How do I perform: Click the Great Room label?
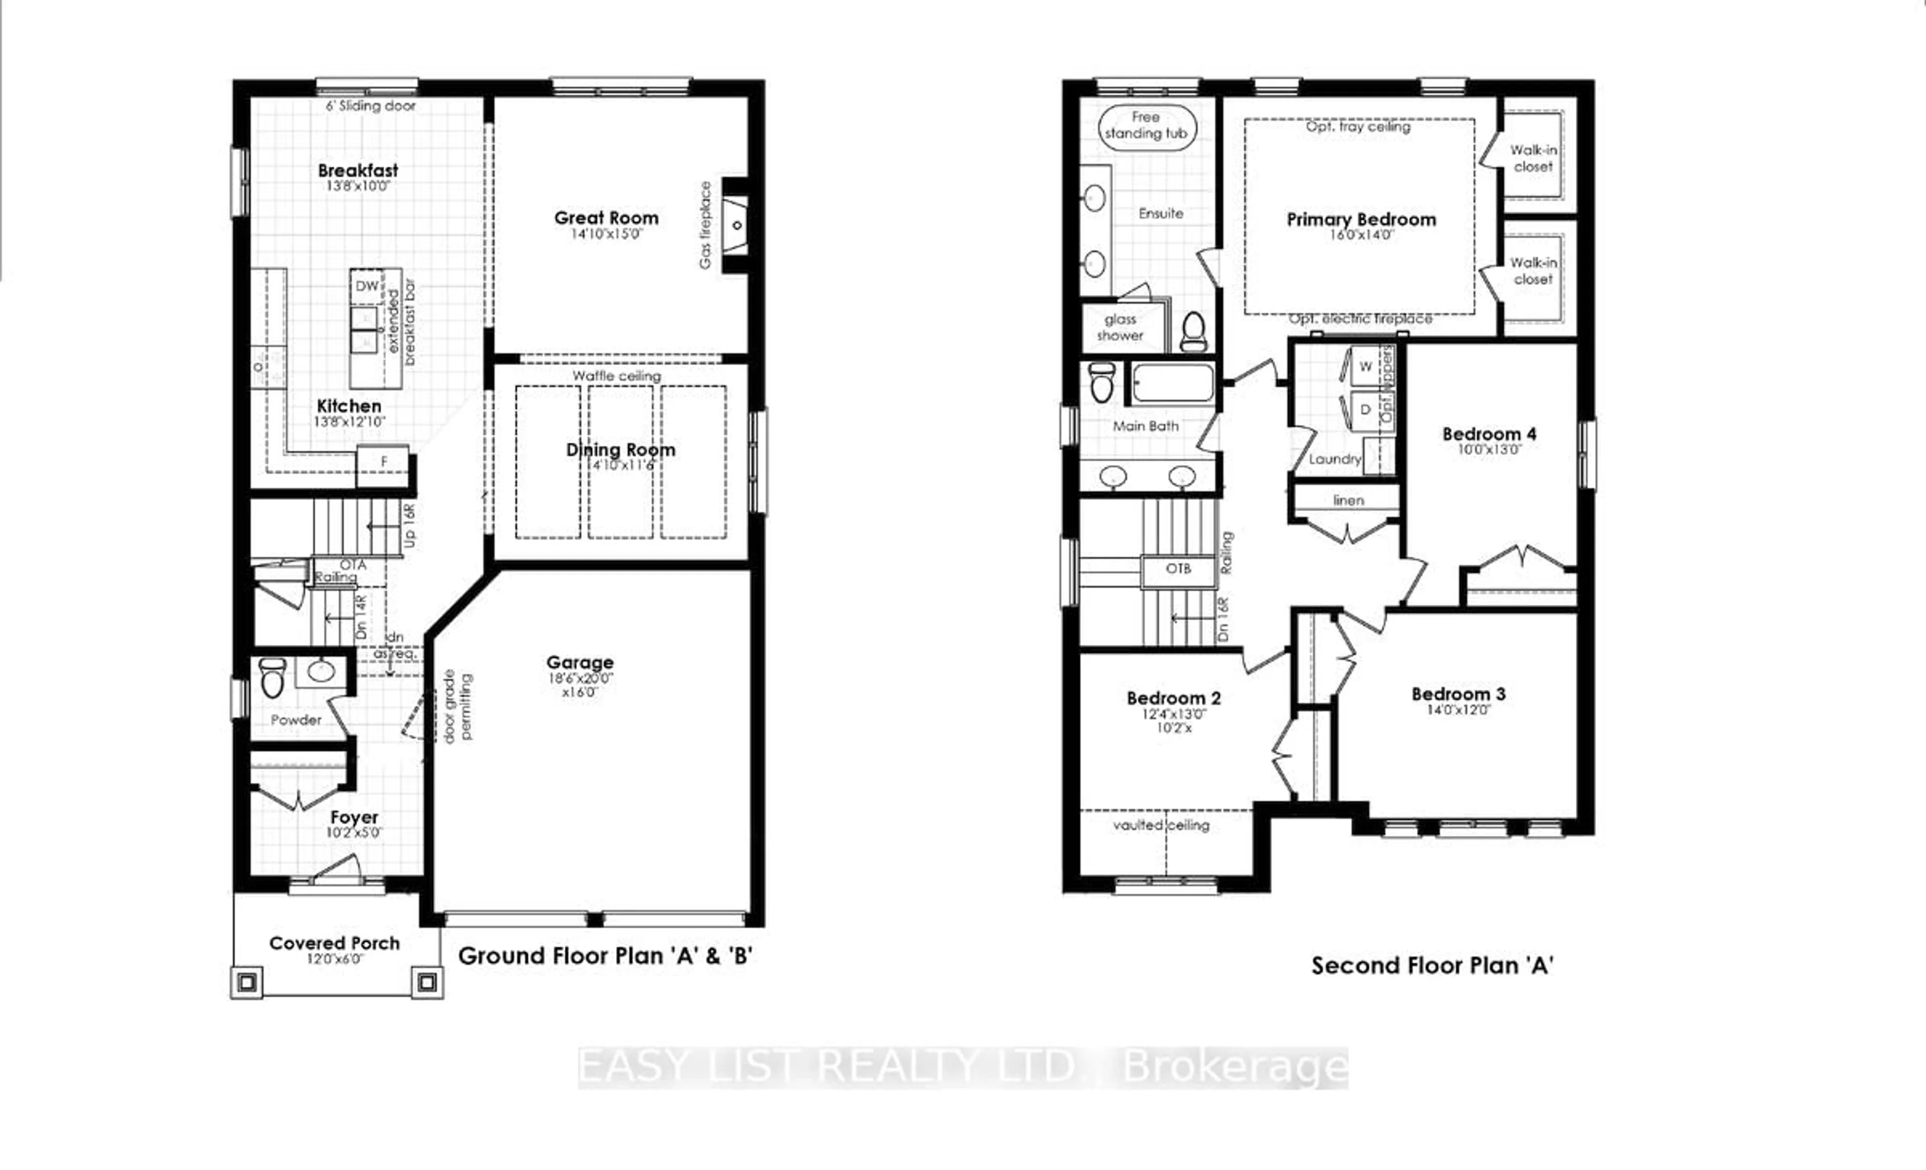(606, 218)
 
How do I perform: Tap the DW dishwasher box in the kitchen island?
(367, 286)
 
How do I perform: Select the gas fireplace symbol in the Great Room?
(735, 226)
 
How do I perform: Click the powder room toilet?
(271, 679)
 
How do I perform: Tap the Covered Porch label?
(335, 943)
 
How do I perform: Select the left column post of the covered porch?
(247, 981)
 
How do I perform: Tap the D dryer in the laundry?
(1365, 410)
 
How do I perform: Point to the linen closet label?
(1348, 500)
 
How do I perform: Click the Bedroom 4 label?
(1489, 434)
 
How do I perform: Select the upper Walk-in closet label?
(1533, 158)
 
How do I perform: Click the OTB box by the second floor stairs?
(1178, 569)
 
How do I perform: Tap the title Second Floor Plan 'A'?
(1432, 966)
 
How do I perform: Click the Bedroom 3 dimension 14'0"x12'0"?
(1459, 711)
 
